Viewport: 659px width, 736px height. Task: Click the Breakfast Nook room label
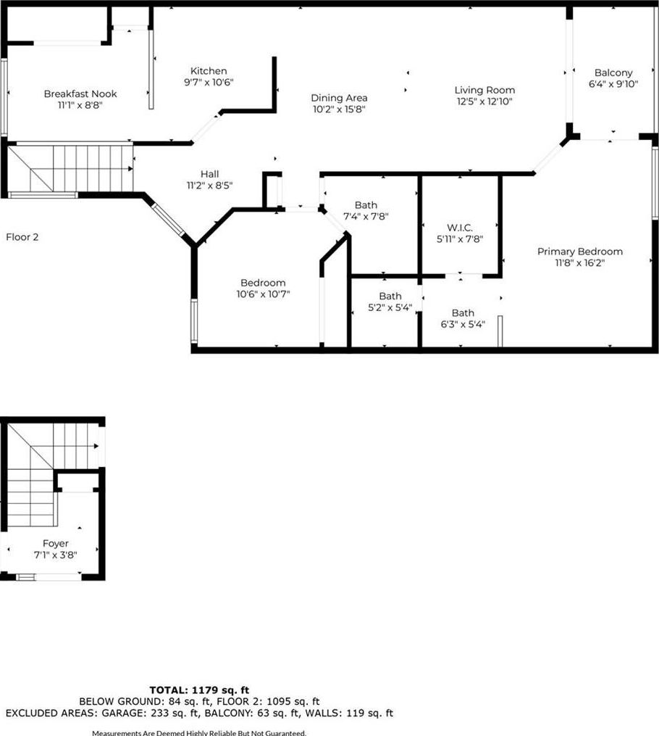pos(80,94)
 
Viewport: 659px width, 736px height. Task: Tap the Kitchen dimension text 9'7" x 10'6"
pos(209,83)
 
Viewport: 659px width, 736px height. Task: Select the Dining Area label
pos(339,98)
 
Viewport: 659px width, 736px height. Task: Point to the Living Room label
pos(484,90)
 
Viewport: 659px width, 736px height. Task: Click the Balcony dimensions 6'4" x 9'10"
pos(613,84)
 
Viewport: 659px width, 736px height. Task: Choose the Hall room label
pos(209,174)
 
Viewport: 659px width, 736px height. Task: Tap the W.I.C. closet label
pos(460,228)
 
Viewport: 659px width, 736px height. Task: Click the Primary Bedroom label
pos(580,252)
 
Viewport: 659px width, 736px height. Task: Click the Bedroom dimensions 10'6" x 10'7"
pos(263,294)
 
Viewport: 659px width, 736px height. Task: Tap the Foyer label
pos(55,544)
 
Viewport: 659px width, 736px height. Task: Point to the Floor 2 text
pos(22,237)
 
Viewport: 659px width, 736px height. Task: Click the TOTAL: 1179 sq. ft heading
pos(199,690)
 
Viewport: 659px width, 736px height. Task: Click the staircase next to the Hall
pos(70,168)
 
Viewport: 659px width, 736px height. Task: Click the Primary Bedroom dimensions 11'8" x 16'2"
pos(580,262)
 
